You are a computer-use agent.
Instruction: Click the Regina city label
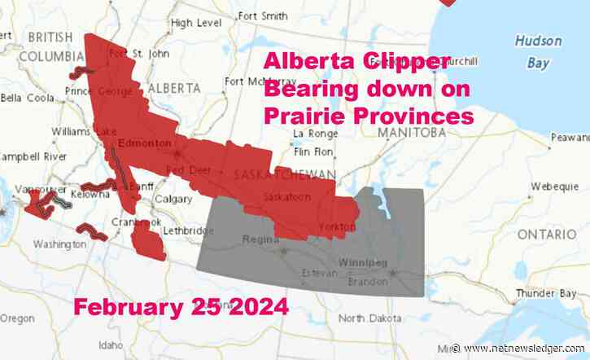(x=258, y=239)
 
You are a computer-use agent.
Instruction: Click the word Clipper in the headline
(x=404, y=62)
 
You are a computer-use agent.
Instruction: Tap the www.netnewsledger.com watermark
(x=527, y=349)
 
